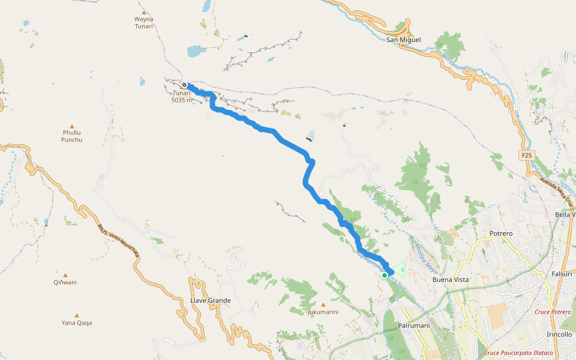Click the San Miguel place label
click(x=403, y=40)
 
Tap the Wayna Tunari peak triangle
click(x=143, y=12)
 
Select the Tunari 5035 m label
click(x=182, y=97)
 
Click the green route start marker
click(x=385, y=275)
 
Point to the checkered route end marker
click(x=184, y=85)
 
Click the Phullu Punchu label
click(x=71, y=136)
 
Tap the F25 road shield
click(x=526, y=155)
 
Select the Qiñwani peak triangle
click(x=65, y=275)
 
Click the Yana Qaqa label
click(x=77, y=323)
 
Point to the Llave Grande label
click(x=210, y=300)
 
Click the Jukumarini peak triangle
click(x=323, y=305)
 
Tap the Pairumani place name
click(x=414, y=325)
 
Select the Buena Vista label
click(x=451, y=280)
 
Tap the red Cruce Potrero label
click(x=553, y=312)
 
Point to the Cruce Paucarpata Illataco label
click(x=519, y=353)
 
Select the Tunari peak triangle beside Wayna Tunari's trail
click(x=142, y=79)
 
